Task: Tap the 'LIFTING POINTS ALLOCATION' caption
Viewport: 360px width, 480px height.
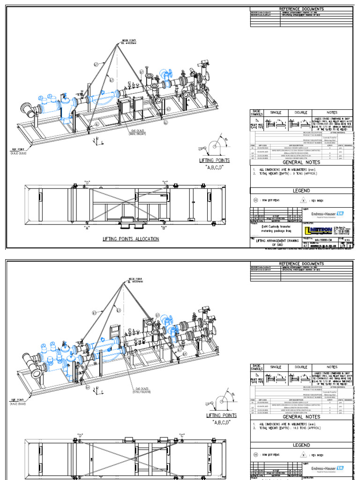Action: (x=131, y=239)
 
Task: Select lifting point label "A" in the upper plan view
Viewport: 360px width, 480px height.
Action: (x=87, y=228)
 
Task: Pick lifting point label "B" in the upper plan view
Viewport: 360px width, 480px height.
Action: (x=164, y=228)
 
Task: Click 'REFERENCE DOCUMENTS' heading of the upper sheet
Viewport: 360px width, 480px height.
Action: (x=301, y=9)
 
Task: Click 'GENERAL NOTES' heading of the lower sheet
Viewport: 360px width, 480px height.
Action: (x=301, y=416)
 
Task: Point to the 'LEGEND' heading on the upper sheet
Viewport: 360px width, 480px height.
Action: (x=301, y=190)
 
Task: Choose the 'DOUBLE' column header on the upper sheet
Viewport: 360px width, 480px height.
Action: (x=301, y=112)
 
